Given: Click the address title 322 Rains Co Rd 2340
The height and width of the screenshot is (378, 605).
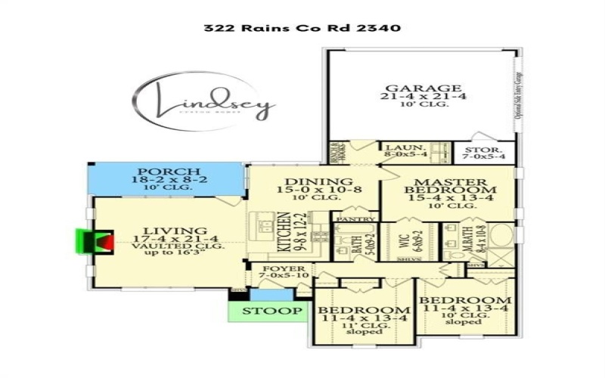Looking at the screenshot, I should pos(301,28).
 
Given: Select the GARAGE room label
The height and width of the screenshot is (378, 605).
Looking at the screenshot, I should pos(421,88).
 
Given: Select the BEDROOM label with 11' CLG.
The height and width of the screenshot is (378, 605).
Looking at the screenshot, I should pos(364,311).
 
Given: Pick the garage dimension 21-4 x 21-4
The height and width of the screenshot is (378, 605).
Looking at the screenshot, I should pos(420,98).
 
